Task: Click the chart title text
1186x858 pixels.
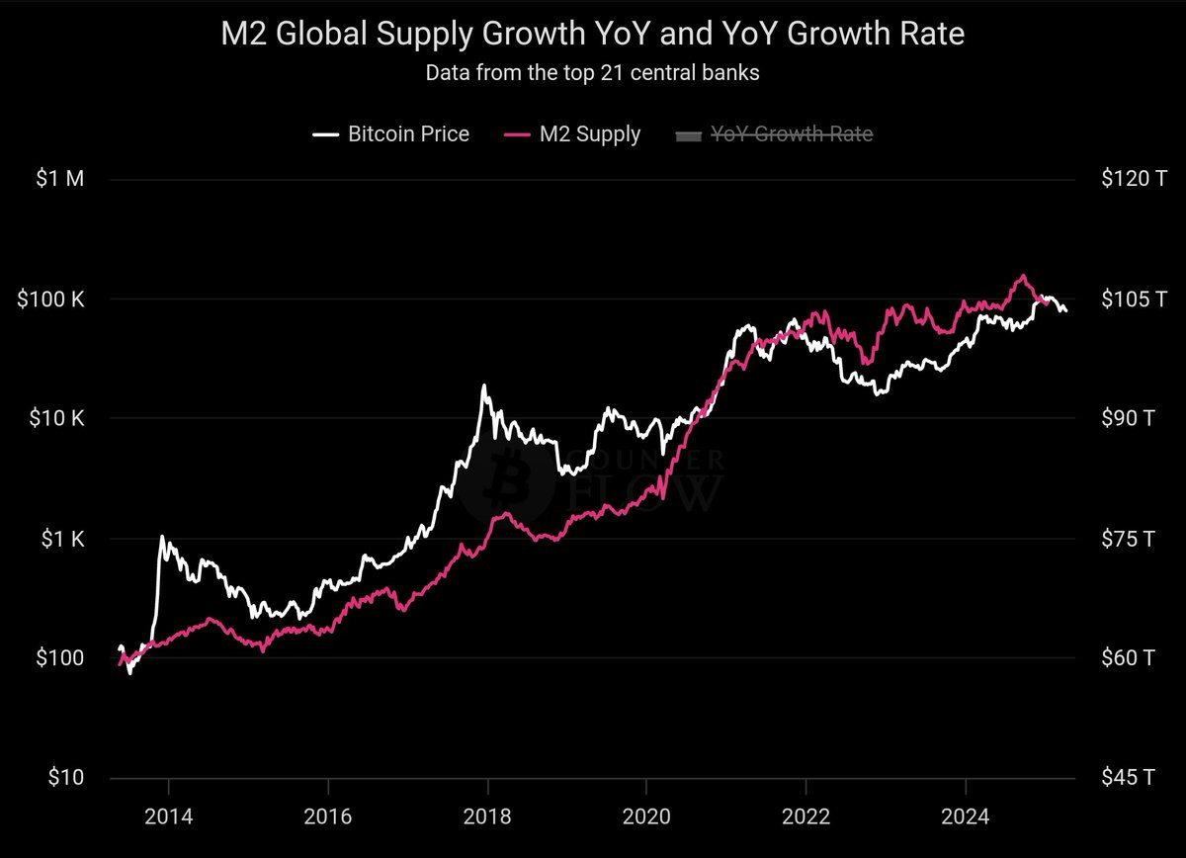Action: pos(592,34)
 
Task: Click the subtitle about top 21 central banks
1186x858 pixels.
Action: pos(592,73)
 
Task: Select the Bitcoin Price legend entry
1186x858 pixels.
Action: pos(390,134)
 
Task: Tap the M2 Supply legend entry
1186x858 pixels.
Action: pos(572,134)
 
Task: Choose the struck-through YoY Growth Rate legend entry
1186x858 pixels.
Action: pos(774,134)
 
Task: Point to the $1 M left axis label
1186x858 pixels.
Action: pos(60,179)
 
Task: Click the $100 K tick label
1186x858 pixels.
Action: pos(50,300)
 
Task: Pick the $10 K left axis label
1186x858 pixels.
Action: pos(56,418)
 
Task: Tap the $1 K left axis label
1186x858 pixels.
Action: pos(63,539)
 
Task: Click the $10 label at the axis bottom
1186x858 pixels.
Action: pos(66,778)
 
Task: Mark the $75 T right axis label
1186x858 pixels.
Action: pos(1128,539)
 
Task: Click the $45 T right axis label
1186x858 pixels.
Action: pos(1128,778)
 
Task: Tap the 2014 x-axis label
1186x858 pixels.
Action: pos(169,816)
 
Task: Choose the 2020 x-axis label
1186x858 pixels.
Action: pos(646,816)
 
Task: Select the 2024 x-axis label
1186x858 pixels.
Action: pos(966,816)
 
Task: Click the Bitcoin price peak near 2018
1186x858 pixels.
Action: pos(484,386)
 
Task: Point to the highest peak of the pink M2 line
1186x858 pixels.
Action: pos(1024,276)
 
